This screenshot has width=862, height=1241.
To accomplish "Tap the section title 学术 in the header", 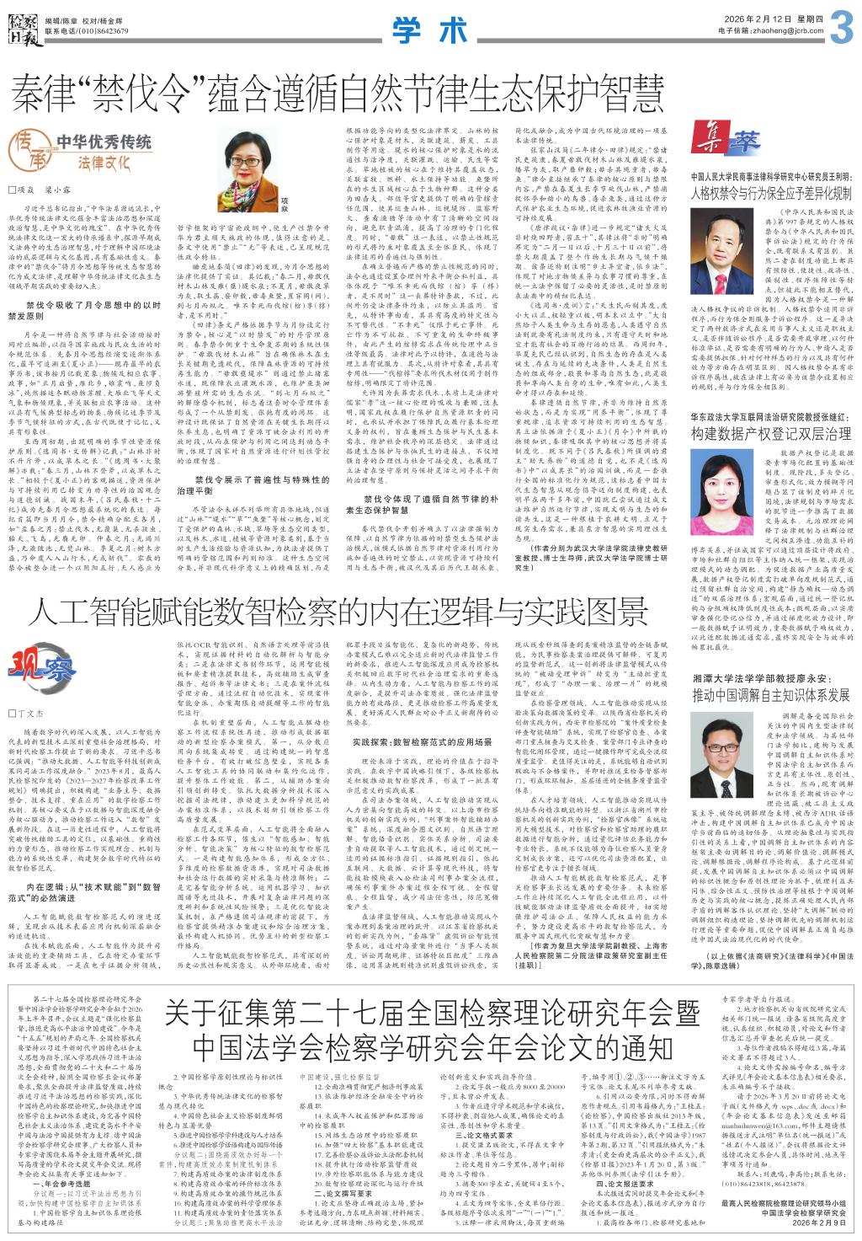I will (x=430, y=30).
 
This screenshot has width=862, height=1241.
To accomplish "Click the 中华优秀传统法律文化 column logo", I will (x=81, y=151).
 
